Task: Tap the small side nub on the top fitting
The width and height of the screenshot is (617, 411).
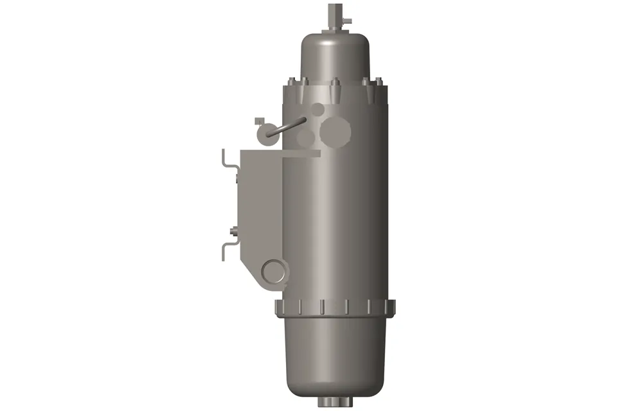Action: pos(347,19)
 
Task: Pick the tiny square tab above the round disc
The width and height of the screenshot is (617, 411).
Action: pos(260,120)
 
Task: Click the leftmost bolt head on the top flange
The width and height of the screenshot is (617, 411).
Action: pos(291,82)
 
